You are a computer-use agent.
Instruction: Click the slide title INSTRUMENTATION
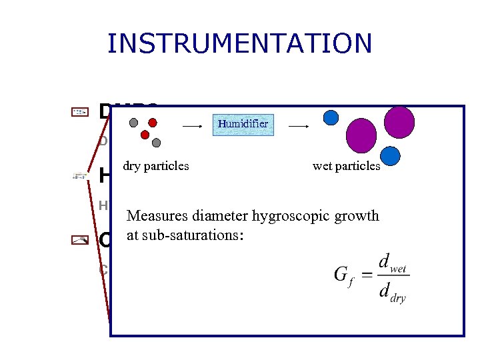[x=239, y=43]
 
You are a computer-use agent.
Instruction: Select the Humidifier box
[x=243, y=123]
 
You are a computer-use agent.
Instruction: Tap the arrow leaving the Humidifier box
[x=298, y=125]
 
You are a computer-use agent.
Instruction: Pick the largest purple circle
[x=363, y=135]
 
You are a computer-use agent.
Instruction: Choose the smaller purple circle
[x=399, y=122]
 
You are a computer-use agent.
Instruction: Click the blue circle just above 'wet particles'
[x=390, y=155]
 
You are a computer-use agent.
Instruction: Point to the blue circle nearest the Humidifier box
[x=331, y=117]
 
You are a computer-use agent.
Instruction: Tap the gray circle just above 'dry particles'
[x=156, y=143]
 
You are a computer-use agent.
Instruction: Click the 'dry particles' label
[x=156, y=166]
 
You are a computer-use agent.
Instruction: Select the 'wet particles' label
[x=346, y=166]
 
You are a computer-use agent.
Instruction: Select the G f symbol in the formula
[x=341, y=275]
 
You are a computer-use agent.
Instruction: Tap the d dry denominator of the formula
[x=392, y=291]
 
